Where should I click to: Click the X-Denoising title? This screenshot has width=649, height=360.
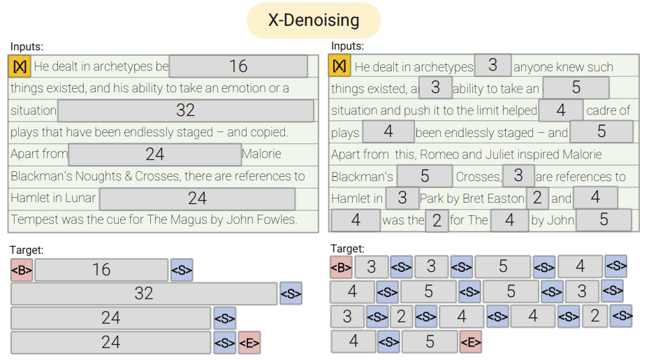tap(314, 20)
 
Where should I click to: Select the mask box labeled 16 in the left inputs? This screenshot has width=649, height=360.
tap(238, 66)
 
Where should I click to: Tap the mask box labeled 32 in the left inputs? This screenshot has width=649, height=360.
tap(185, 110)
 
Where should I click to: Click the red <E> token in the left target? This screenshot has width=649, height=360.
tap(249, 343)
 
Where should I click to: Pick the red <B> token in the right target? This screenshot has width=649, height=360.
tap(341, 267)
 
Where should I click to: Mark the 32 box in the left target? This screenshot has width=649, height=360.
tap(144, 294)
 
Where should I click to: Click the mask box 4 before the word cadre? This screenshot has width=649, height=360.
tap(561, 110)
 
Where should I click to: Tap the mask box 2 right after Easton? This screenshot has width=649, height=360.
tap(537, 199)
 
